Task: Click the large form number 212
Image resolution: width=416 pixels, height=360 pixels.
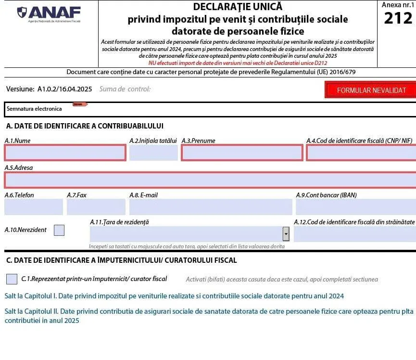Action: [398, 18]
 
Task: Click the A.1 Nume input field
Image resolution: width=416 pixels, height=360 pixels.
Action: [65, 153]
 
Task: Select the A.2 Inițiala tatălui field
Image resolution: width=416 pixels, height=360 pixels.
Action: [153, 153]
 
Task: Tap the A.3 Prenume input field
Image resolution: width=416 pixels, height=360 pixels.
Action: [242, 153]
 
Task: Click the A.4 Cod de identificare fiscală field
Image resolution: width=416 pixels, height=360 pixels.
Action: [361, 153]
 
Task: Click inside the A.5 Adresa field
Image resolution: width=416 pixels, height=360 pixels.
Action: [210, 180]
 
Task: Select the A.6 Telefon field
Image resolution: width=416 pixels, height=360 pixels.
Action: [34, 207]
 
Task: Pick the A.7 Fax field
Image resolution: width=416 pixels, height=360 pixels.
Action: [96, 207]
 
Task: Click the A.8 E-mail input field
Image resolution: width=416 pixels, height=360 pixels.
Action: [211, 207]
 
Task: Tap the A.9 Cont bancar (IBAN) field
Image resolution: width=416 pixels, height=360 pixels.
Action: [355, 207]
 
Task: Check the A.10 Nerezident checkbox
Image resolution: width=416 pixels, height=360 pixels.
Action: [59, 230]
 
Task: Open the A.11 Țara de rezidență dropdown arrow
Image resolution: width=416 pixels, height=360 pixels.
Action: [286, 234]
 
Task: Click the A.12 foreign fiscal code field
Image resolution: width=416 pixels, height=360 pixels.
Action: [354, 234]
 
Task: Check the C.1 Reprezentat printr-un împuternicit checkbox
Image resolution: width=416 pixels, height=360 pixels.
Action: [12, 279]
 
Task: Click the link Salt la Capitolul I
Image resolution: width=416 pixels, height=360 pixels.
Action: [174, 296]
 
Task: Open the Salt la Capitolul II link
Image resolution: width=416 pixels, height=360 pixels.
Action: [207, 311]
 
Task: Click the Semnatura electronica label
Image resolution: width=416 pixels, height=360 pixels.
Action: [34, 109]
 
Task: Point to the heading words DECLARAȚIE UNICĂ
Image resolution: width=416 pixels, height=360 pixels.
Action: [238, 7]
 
